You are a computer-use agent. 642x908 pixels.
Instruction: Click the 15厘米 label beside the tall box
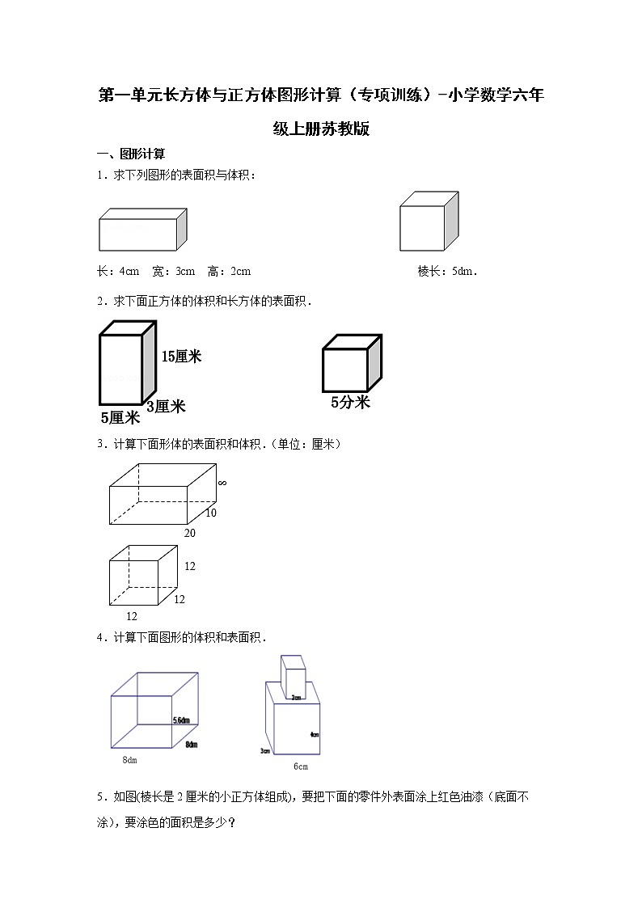click(181, 357)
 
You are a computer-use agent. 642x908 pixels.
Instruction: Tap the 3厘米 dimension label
click(166, 407)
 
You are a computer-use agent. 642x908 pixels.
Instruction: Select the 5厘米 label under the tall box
click(120, 418)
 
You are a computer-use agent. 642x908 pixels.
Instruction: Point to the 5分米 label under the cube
click(350, 402)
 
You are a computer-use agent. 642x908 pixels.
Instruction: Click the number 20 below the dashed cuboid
click(190, 533)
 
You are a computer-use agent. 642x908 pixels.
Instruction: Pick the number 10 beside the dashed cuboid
click(210, 513)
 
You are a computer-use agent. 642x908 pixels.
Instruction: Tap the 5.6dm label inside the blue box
click(181, 720)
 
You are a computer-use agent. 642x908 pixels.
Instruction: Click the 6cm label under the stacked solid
click(300, 767)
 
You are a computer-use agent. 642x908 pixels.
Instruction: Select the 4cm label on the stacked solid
click(314, 735)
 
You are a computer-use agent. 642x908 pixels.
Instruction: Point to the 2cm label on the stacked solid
click(297, 697)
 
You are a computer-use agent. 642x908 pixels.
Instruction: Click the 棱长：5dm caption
click(447, 271)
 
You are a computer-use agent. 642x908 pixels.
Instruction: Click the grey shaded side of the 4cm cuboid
click(182, 229)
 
